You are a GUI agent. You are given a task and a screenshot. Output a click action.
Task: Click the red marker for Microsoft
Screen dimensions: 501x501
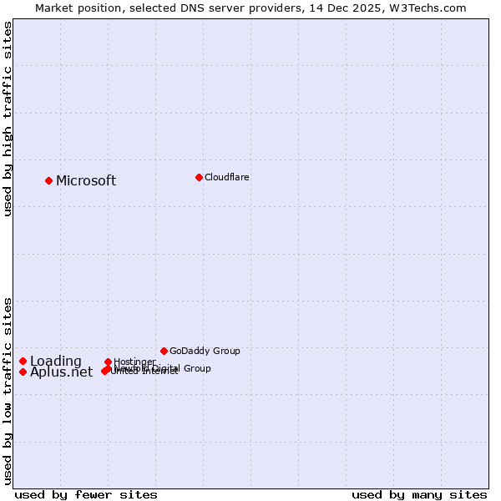49,180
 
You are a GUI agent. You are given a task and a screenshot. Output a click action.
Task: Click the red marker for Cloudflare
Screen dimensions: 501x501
199,177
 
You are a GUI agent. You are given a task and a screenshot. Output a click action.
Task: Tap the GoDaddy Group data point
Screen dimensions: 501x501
164,351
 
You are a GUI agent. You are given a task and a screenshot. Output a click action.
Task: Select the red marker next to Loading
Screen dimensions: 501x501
23,361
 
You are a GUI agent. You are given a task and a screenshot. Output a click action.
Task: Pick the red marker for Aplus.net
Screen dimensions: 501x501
23,372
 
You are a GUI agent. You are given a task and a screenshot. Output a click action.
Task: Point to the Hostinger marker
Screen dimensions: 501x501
108,362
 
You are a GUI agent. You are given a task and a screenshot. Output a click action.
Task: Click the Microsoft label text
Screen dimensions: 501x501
86,181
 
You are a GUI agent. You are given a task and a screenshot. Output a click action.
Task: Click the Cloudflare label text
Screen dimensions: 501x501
226,177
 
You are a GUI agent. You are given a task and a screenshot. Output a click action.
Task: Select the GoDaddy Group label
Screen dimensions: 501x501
205,351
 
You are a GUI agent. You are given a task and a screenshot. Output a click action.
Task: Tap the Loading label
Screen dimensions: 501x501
56,362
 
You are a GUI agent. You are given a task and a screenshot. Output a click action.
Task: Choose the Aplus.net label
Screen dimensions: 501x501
62,372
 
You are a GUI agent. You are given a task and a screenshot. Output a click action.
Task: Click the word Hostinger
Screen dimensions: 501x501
134,362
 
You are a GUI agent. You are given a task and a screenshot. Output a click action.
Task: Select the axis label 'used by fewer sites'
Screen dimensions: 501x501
86,494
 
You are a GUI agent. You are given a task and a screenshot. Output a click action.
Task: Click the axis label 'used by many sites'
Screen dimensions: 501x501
419,494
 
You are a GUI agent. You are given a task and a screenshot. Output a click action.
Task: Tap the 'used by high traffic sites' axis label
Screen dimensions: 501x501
8,119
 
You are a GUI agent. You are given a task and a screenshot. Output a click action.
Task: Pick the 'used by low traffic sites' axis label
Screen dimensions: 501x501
8,391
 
